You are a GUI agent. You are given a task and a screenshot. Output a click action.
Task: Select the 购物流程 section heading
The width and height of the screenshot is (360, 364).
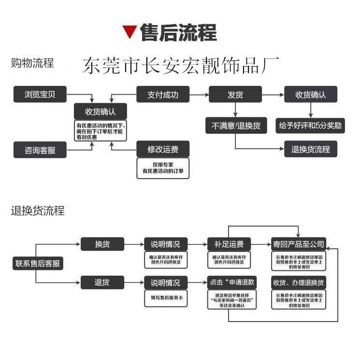tap(32, 63)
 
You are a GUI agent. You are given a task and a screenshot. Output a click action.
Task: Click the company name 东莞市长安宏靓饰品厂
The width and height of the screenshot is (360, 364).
tap(181, 66)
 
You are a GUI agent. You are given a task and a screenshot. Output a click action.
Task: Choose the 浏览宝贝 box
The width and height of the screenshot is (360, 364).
tap(40, 95)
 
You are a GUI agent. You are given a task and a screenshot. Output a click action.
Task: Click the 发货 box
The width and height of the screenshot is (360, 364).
tap(235, 95)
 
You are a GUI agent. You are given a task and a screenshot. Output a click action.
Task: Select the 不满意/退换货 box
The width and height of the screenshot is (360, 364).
tap(236, 126)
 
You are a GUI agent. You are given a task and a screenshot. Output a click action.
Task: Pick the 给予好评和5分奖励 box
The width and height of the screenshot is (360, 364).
tap(310, 126)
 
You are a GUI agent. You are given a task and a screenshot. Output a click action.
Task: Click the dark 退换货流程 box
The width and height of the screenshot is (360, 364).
tap(310, 149)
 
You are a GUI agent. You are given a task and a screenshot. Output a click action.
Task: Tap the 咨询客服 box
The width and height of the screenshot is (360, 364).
tap(40, 150)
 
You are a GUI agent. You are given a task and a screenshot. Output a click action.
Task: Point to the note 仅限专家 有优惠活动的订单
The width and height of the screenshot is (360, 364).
tap(163, 168)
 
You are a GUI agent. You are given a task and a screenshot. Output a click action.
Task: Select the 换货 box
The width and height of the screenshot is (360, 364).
tap(102, 244)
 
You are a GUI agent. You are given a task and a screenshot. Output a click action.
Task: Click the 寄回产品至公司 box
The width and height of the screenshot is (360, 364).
tap(298, 244)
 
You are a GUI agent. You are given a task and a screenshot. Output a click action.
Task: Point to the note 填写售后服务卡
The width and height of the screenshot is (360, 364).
tap(165, 297)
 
